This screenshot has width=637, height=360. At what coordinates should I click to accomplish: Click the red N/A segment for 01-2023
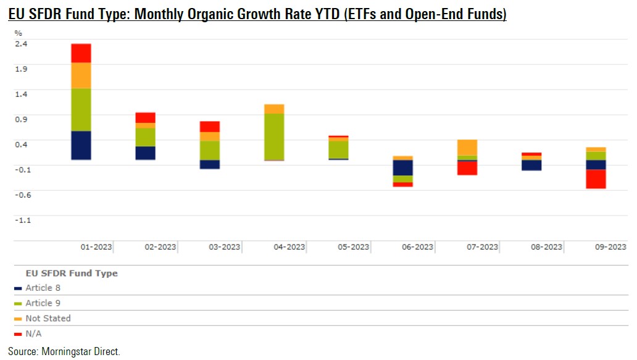(81, 53)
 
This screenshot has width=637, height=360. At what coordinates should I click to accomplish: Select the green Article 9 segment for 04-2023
(274, 136)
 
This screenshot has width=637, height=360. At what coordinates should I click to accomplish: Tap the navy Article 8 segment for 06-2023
(403, 167)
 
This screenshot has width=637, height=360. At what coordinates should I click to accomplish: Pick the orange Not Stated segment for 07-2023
(467, 148)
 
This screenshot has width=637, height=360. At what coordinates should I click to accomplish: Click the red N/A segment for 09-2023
(596, 178)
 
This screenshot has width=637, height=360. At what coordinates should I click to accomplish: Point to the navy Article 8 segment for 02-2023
(145, 153)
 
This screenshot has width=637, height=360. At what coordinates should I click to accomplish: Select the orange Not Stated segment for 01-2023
(81, 75)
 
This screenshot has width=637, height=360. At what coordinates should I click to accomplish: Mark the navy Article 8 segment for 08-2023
(531, 165)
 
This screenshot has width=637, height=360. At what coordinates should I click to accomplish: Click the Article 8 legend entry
(43, 288)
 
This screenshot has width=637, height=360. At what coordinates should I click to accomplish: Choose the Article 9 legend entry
(43, 303)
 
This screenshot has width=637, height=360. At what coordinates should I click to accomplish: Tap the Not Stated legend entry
(48, 319)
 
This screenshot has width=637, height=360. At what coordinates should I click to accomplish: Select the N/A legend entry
(34, 334)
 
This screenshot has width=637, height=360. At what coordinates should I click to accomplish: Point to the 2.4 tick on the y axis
(21, 44)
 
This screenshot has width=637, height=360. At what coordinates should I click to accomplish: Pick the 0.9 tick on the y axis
(21, 119)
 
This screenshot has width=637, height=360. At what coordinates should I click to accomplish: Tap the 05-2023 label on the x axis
(353, 247)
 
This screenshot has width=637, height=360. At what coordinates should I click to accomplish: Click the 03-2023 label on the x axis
(224, 247)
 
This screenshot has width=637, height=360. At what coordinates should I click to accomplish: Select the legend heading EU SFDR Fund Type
(71, 273)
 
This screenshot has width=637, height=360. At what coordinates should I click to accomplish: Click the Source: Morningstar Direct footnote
(64, 351)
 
